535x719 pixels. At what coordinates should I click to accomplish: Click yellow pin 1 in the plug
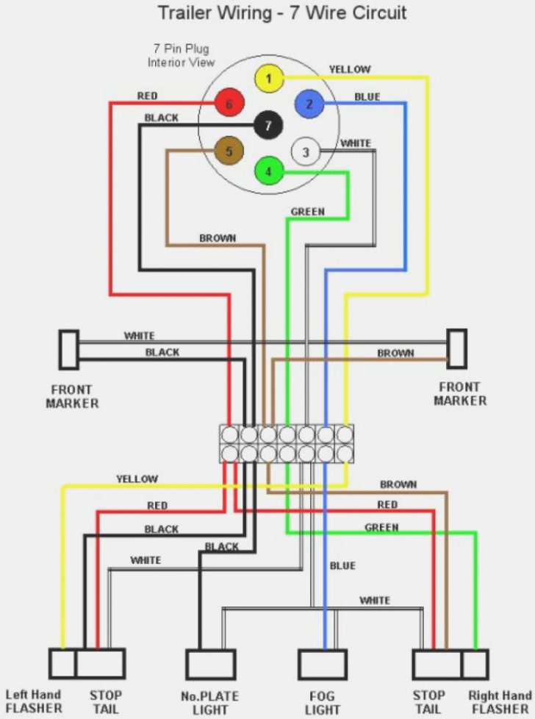click(x=269, y=79)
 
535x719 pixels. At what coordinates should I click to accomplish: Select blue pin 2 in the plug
click(x=309, y=104)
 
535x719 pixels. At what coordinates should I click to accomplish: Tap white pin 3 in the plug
click(x=306, y=153)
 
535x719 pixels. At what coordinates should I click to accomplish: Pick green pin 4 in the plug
click(x=269, y=172)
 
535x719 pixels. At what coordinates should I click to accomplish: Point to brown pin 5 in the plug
click(x=229, y=152)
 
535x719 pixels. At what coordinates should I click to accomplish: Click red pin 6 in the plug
click(x=229, y=104)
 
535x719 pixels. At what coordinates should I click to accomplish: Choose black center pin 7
click(x=268, y=126)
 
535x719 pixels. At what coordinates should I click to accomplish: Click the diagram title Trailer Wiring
click(x=282, y=13)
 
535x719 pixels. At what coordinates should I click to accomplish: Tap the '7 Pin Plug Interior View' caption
click(x=179, y=56)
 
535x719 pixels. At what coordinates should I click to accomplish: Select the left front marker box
click(x=69, y=349)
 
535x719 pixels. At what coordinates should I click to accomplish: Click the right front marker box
click(x=457, y=348)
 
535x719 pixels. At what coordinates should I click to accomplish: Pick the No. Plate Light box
click(x=210, y=664)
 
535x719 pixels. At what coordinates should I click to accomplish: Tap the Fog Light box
click(x=322, y=664)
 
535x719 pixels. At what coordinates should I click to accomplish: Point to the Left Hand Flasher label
click(x=34, y=701)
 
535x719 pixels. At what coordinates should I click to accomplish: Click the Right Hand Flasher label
click(x=500, y=701)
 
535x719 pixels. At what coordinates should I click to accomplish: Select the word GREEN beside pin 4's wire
click(x=307, y=212)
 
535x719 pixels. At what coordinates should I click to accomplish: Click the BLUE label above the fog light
click(x=342, y=565)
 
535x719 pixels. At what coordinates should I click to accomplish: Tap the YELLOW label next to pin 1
click(x=350, y=69)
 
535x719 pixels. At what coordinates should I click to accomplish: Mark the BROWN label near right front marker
click(x=395, y=353)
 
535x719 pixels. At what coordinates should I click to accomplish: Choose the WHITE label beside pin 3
click(x=356, y=143)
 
